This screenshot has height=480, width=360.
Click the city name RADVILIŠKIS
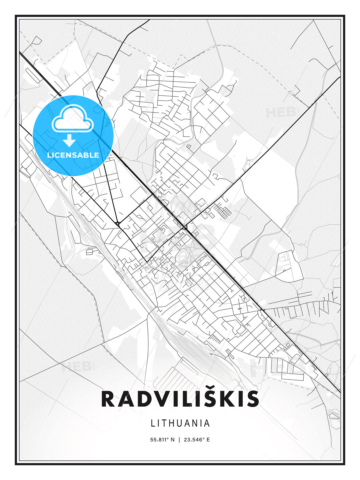[180, 399]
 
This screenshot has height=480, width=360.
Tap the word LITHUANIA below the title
[180, 423]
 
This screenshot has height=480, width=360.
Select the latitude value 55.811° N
[162, 440]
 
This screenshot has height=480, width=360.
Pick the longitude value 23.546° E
[197, 440]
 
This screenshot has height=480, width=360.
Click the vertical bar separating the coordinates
[180, 440]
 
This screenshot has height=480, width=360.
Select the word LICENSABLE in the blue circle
[73, 155]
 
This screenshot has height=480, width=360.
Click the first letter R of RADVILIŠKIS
[108, 399]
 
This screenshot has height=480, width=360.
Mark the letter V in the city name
[162, 399]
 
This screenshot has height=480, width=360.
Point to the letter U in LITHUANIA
[181, 423]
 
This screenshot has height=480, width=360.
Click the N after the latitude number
[172, 440]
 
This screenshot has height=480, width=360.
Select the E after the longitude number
[208, 440]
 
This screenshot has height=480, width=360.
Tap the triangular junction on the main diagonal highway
[184, 227]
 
